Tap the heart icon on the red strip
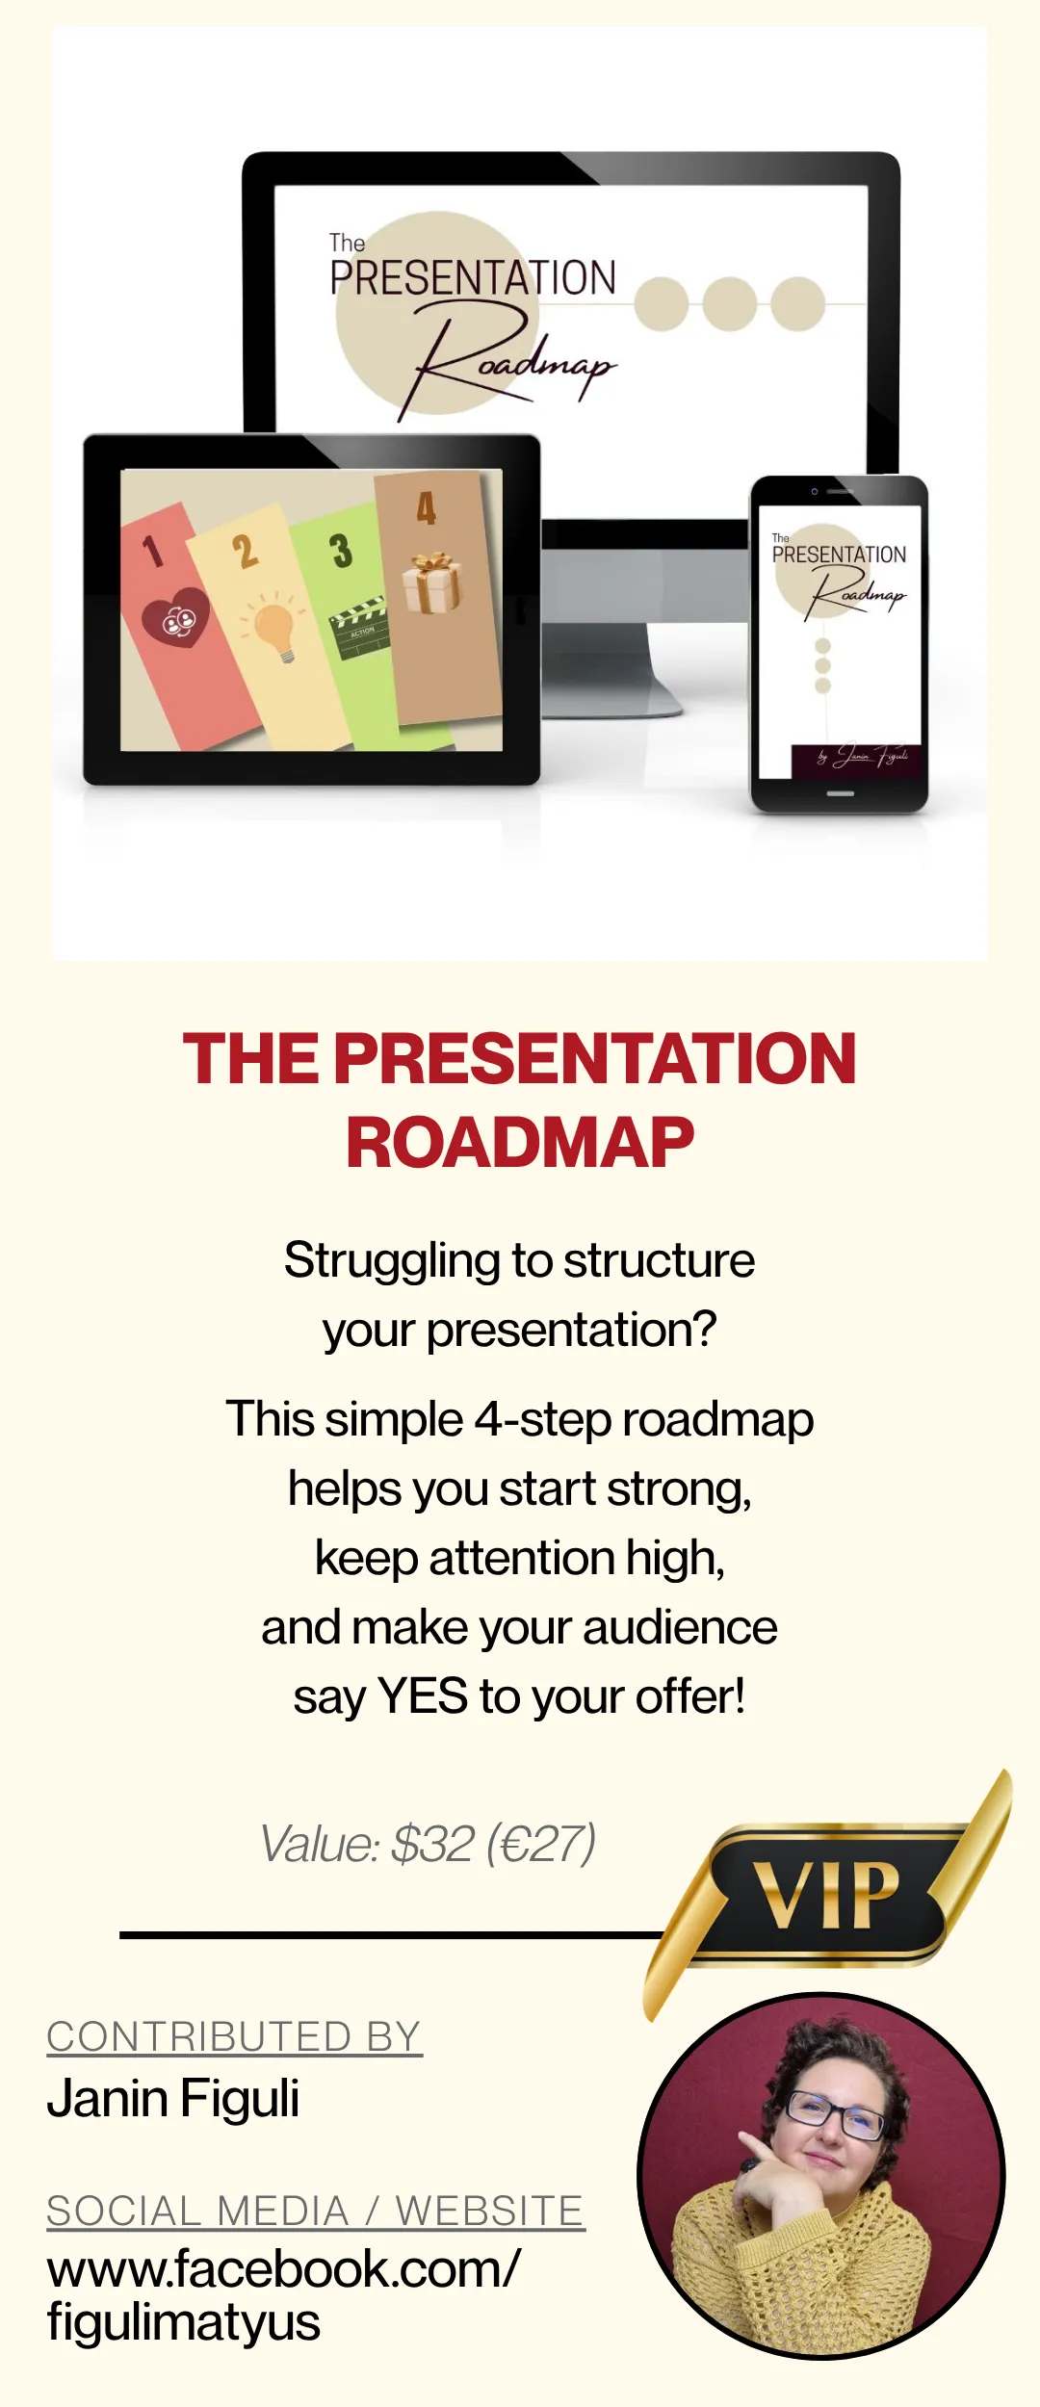point(175,618)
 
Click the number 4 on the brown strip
point(426,508)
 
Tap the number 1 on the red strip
point(152,551)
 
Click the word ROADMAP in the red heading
point(520,1143)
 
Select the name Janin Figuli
point(173,2098)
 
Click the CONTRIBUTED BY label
point(234,2037)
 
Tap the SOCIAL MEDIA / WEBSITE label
point(316,2211)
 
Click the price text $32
point(433,1845)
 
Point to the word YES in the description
point(423,1696)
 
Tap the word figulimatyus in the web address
point(183,2323)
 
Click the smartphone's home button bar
point(841,793)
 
